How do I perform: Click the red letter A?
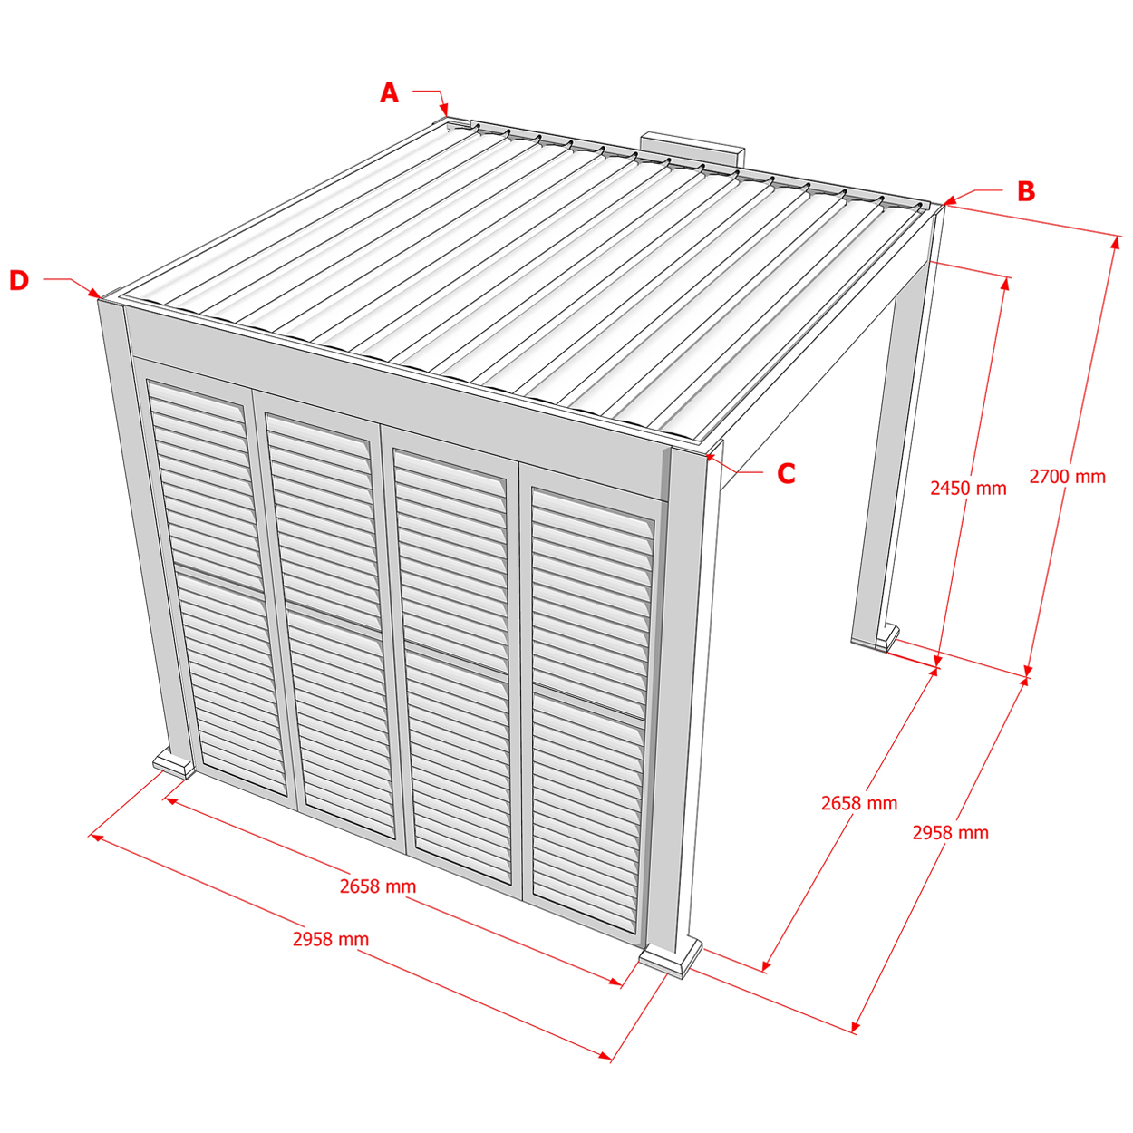389,92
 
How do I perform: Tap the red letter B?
1026,191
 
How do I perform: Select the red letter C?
786,473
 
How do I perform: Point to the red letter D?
19,280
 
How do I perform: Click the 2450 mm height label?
968,488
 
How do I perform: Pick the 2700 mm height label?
1067,476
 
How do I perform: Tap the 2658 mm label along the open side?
859,802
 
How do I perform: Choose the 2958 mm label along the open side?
950,832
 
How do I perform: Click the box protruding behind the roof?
692,148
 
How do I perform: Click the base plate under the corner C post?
670,960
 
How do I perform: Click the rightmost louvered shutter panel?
591,711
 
